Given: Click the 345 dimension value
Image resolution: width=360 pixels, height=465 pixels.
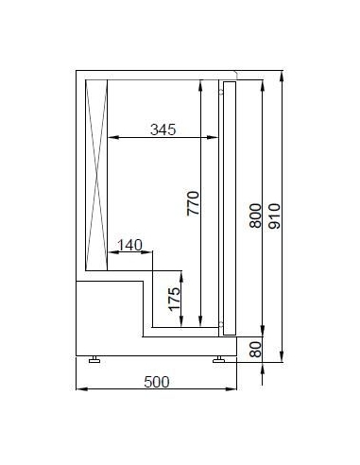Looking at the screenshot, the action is pos(163,129).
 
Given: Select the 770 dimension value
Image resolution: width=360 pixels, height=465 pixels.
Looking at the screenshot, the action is pos(193,203).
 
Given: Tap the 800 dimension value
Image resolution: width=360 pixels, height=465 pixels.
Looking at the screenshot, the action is pos(255,215).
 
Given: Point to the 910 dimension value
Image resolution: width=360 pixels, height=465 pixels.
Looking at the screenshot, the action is pos(274,215).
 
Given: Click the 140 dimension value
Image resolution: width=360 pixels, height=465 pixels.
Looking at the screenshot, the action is pos(129,245).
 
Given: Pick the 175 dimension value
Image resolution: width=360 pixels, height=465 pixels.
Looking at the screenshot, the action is pos(174,299).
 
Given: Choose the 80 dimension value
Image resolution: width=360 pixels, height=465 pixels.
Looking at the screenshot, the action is pos(255,350).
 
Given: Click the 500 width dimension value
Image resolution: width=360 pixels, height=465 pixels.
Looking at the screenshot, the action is pos(157,382).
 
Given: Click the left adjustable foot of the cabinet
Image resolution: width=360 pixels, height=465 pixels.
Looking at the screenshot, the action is pos(94,359).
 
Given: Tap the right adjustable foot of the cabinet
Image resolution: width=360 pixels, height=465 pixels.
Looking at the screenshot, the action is pos(218,359).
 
